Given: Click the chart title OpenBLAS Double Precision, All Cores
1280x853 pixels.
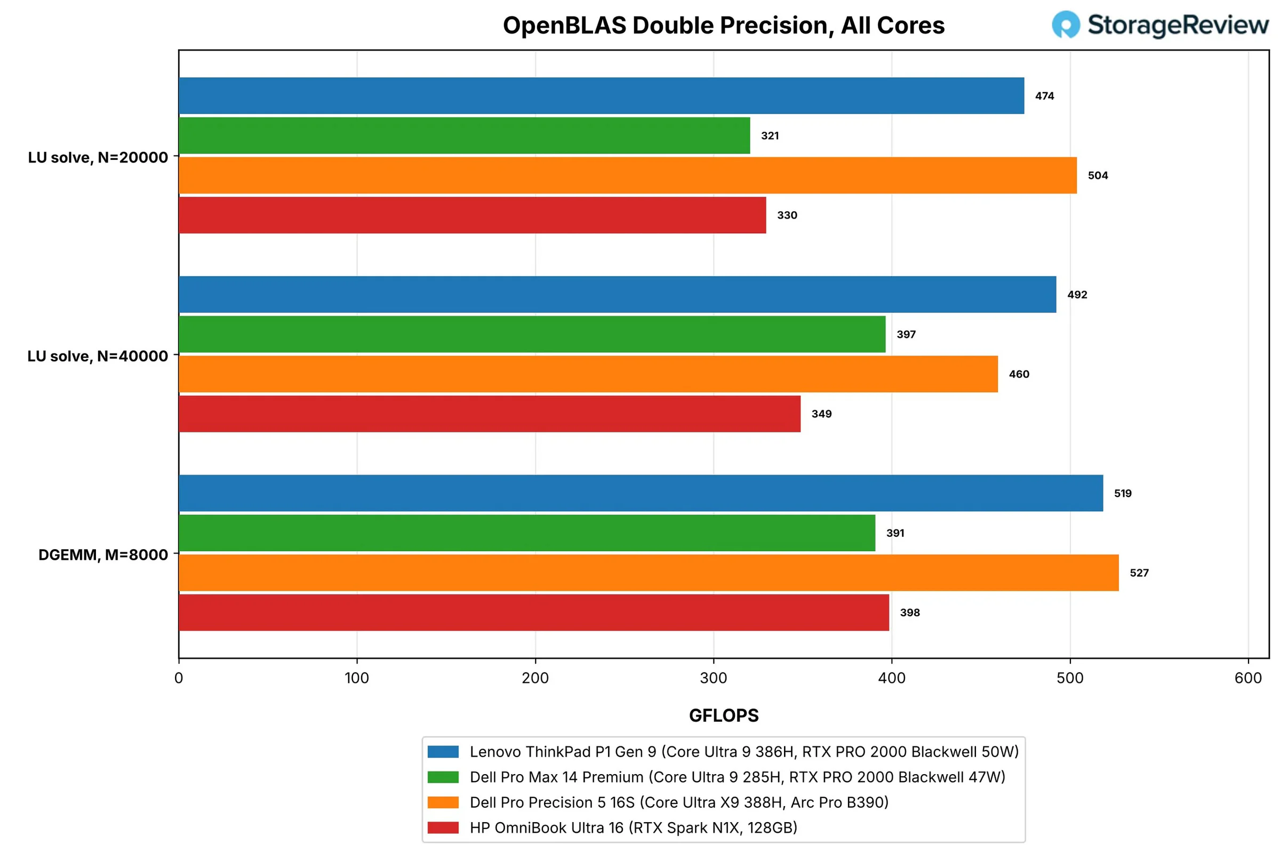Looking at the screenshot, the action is coord(723,26).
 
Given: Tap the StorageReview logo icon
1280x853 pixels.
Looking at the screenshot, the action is coord(1066,25).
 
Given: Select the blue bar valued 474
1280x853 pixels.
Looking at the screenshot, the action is coord(602,96).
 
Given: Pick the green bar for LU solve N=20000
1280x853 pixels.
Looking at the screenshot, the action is coord(464,135).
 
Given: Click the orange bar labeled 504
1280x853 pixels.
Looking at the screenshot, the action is coord(628,175).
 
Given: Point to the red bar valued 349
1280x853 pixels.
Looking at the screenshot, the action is coord(490,414).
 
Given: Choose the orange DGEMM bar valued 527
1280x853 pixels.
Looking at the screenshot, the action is coord(649,573).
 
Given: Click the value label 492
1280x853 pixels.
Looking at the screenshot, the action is coord(1077,295).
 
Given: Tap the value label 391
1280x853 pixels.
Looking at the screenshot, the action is coord(895,533).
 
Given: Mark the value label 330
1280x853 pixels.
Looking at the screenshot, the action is coord(787,215).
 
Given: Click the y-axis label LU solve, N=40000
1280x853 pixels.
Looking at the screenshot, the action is coord(98,356).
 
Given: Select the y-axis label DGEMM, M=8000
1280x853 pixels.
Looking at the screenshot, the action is coord(103,555).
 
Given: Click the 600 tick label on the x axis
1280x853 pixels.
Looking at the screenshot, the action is coord(1249,678).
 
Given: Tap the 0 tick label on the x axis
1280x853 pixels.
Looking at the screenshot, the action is coord(179,678).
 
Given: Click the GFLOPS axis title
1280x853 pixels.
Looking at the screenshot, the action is coord(724,715).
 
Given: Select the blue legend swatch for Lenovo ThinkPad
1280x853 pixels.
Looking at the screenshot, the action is coord(443,752).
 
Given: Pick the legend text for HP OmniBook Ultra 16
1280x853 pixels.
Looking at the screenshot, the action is coord(634,827).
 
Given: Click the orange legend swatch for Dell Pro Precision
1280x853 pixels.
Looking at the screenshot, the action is coord(443,802).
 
